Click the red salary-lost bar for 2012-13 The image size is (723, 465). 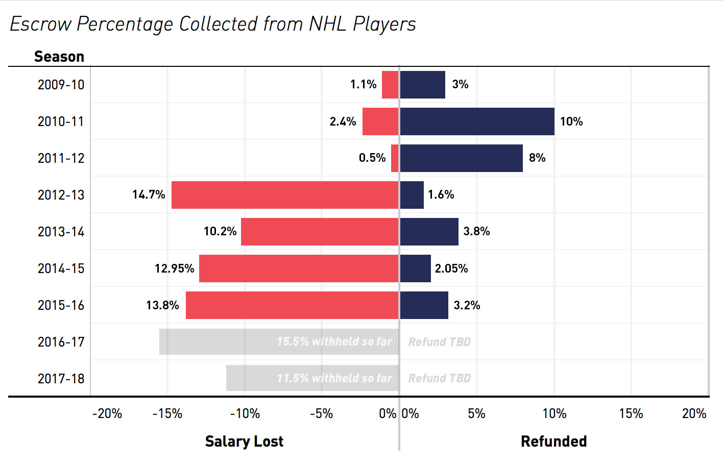click(285, 195)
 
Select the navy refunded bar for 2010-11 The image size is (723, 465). click(477, 121)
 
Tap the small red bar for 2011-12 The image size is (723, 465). click(395, 158)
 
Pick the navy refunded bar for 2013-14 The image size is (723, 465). click(429, 232)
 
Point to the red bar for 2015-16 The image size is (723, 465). click(292, 305)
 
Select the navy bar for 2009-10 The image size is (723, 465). click(422, 85)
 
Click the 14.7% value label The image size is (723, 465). click(149, 195)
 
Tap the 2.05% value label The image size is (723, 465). click(451, 268)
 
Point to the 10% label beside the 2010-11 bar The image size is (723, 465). click(571, 121)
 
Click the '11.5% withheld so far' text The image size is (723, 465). click(334, 378)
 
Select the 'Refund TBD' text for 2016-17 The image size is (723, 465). click(439, 342)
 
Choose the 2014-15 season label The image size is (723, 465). click(61, 268)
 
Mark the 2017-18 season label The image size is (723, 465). click(61, 379)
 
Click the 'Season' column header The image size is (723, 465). click(59, 57)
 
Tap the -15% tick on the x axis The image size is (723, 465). click(167, 413)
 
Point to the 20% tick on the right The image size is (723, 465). click(694, 413)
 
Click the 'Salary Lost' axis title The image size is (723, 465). click(244, 442)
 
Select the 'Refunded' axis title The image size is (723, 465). click(553, 442)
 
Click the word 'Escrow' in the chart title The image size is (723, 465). click(40, 24)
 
